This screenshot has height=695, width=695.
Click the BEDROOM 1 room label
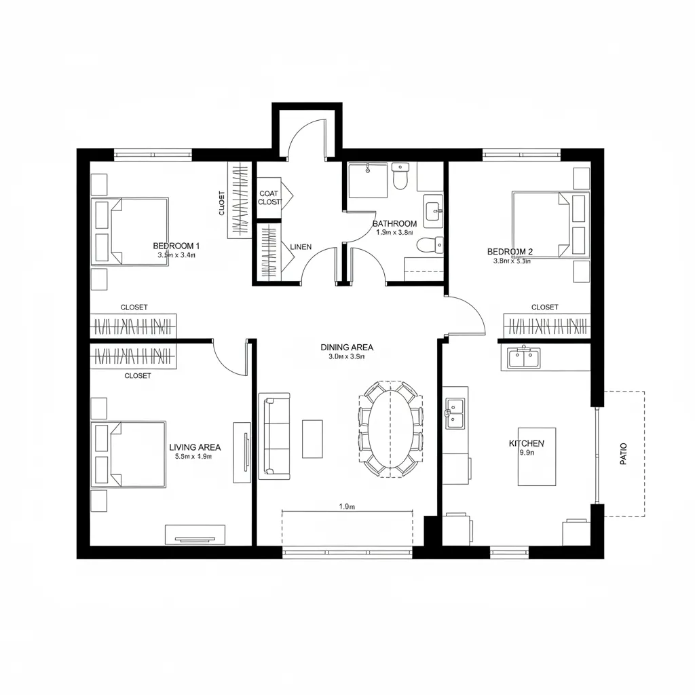(176, 245)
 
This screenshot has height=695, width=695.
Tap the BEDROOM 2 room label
(510, 251)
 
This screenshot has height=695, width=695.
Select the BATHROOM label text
(394, 223)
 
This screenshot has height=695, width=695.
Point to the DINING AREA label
(347, 347)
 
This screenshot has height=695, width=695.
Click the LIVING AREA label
(194, 447)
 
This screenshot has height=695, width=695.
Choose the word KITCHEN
(526, 443)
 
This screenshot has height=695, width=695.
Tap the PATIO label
(624, 453)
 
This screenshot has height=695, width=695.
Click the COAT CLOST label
(269, 198)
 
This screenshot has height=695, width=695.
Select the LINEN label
(301, 247)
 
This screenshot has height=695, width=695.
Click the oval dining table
(390, 428)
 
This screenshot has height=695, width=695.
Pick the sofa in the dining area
(274, 434)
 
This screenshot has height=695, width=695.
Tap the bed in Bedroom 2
(542, 224)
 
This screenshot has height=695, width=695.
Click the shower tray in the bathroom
(367, 180)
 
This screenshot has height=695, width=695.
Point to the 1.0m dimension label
(347, 506)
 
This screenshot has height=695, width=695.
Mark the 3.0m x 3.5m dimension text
(347, 356)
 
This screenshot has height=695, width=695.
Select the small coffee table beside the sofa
(312, 438)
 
